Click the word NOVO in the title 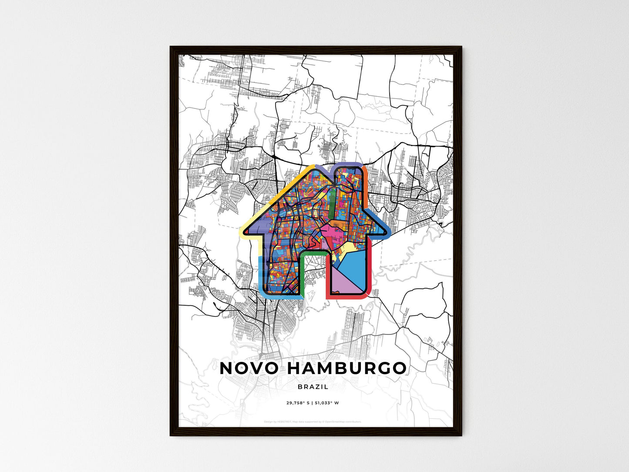point(249,368)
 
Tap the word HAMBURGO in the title point(347,368)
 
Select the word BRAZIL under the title point(313,387)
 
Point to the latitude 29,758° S point(298,403)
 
